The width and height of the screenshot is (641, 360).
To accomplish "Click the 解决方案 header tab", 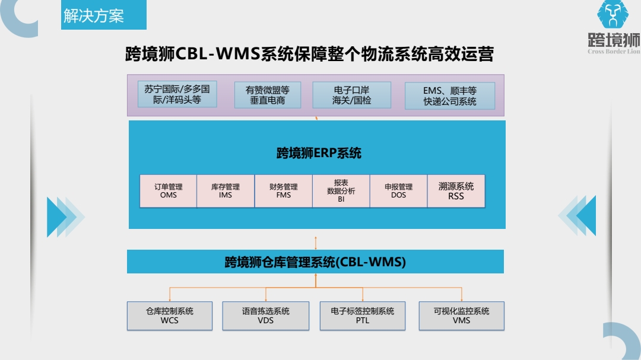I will click(94, 16).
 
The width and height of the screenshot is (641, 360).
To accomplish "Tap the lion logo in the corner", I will click(613, 15).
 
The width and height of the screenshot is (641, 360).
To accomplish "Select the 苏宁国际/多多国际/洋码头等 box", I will click(177, 95).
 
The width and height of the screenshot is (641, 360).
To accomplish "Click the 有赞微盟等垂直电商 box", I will click(268, 95).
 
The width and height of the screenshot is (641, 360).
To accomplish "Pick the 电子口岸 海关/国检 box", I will click(351, 95).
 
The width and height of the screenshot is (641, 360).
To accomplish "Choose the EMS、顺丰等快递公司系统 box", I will click(450, 95).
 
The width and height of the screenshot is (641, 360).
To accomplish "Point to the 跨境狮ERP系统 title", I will click(319, 153).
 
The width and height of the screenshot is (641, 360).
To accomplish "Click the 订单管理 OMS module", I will click(168, 190).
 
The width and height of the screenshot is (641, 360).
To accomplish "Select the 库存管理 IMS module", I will click(226, 190).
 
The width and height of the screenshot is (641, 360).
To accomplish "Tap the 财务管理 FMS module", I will click(283, 190).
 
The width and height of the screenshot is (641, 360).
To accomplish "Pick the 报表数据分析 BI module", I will click(341, 190).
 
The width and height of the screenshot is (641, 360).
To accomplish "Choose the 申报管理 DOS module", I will click(398, 190).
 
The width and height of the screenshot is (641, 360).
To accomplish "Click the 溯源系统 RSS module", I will click(456, 190).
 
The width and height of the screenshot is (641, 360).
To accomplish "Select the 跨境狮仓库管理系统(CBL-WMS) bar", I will click(315, 262).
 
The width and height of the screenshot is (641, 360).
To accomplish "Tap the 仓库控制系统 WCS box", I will click(170, 316).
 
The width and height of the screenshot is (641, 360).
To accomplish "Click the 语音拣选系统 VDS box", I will click(266, 316).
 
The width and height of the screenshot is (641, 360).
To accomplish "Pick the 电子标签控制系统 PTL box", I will click(362, 316).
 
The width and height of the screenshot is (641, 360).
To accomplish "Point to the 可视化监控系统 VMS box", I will click(461, 316).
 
